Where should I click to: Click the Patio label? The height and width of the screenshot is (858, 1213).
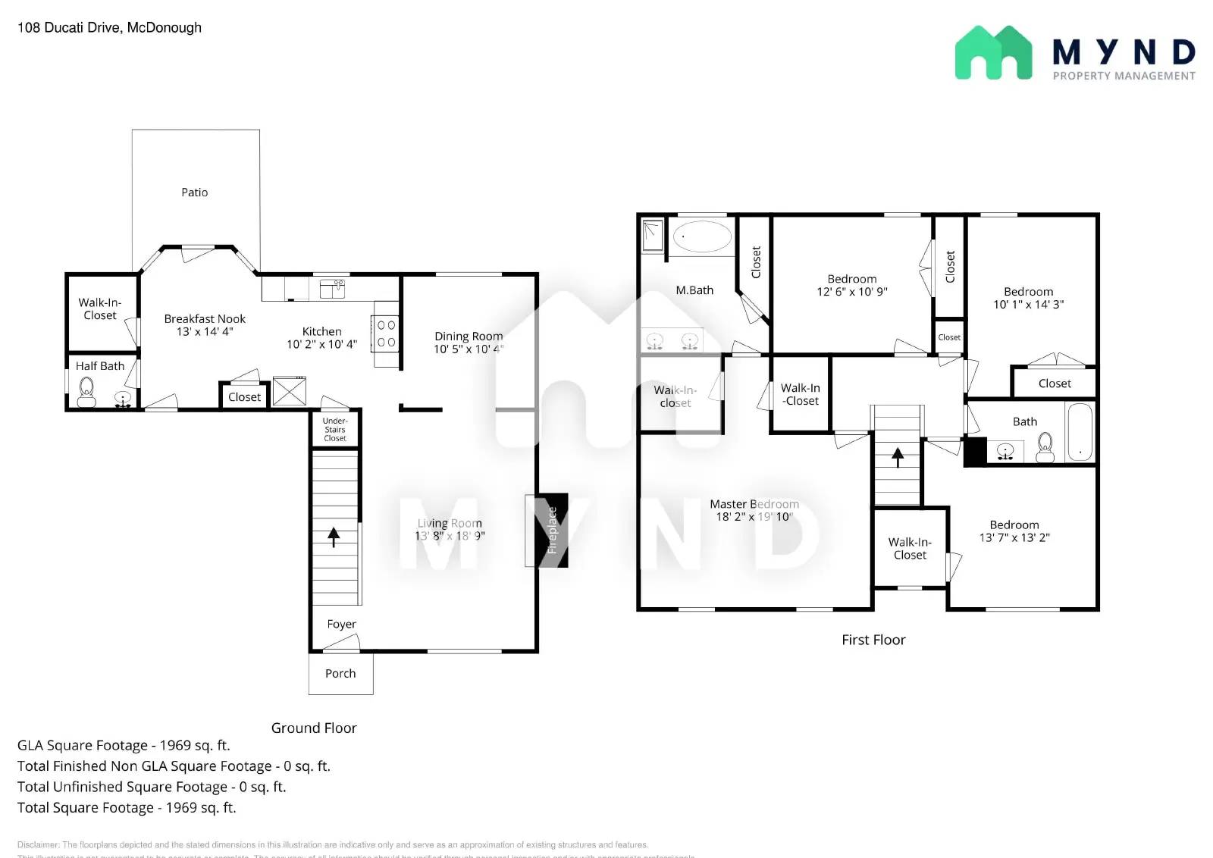pos(194,193)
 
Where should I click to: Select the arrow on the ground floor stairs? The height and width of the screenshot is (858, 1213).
pos(334,537)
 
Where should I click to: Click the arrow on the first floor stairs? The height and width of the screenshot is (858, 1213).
pos(898,457)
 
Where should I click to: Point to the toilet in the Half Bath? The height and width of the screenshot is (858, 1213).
pos(86,392)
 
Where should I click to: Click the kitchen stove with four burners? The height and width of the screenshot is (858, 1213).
pos(386,333)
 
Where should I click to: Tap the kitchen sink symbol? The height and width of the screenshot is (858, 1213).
pos(332,288)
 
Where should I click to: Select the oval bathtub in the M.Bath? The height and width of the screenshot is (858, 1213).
pos(702,236)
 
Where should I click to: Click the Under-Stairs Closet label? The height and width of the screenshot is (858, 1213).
pos(335,430)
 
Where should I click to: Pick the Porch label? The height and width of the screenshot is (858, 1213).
pos(340,673)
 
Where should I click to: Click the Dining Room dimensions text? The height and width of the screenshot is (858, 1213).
pos(468,349)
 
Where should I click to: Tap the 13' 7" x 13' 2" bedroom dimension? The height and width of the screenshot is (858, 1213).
pos(1014,538)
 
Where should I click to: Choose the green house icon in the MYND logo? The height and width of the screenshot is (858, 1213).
pos(993,53)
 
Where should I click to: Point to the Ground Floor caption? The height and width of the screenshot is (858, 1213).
pos(314,728)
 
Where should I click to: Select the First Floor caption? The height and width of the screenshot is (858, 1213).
pos(873,640)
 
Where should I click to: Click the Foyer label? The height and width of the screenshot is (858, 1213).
pos(341,624)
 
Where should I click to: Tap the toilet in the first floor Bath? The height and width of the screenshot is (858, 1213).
pos(1045,447)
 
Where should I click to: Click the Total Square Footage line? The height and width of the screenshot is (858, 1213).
pos(127,808)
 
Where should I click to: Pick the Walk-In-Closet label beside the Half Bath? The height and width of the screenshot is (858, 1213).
pos(100,308)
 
